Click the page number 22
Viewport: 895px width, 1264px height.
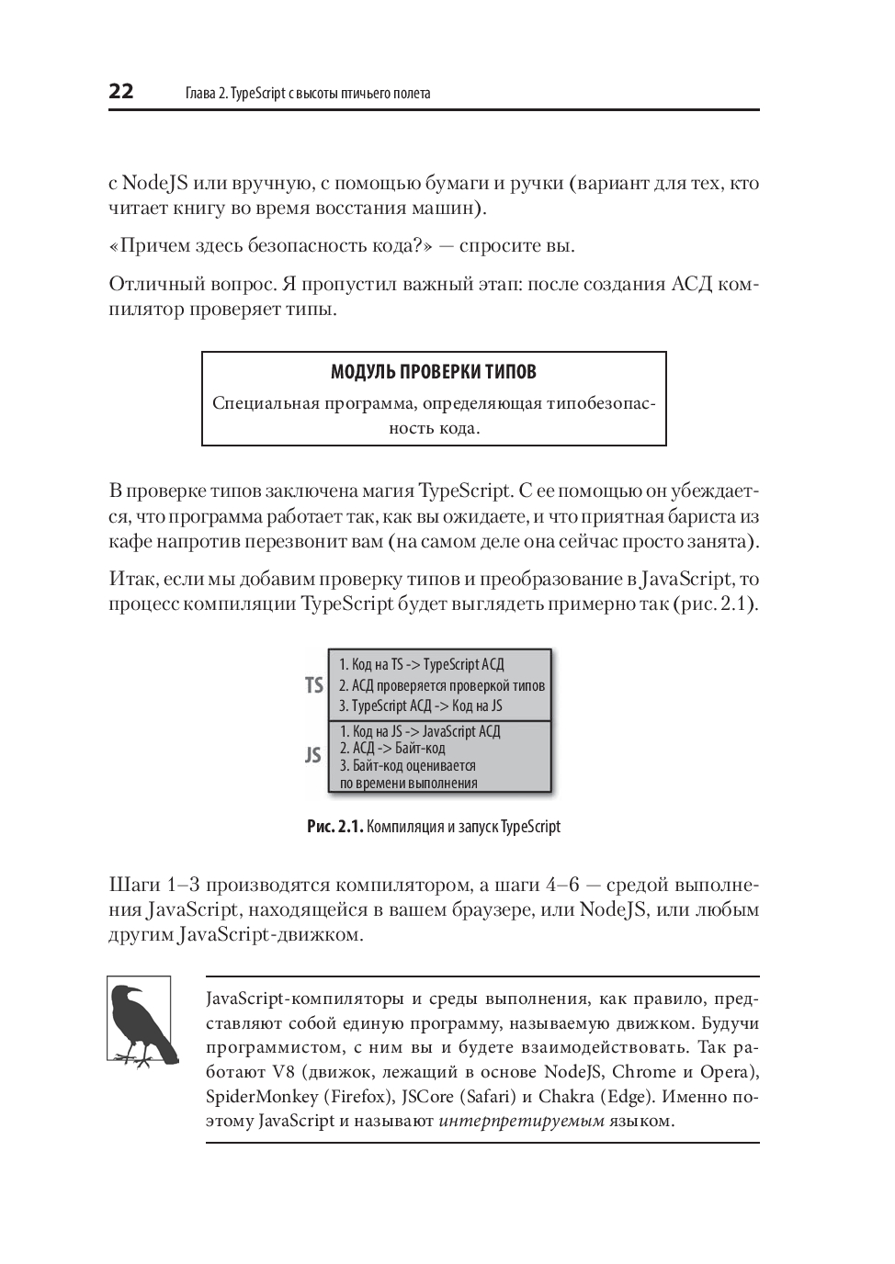point(121,91)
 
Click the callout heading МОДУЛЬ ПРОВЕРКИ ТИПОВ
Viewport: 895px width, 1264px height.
point(433,372)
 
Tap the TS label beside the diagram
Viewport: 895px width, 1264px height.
point(314,685)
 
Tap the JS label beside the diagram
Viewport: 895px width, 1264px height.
point(313,755)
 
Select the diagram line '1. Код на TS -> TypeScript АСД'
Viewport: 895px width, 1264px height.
point(422,664)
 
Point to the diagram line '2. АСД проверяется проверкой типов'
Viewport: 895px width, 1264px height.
point(442,685)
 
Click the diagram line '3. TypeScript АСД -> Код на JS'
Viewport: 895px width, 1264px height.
point(421,705)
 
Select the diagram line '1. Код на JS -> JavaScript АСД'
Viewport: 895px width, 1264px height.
point(420,731)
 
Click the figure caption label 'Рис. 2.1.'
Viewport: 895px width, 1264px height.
point(334,827)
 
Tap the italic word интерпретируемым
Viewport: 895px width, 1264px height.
point(522,1121)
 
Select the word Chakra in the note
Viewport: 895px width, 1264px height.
point(566,1097)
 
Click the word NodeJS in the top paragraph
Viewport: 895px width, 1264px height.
point(154,183)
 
